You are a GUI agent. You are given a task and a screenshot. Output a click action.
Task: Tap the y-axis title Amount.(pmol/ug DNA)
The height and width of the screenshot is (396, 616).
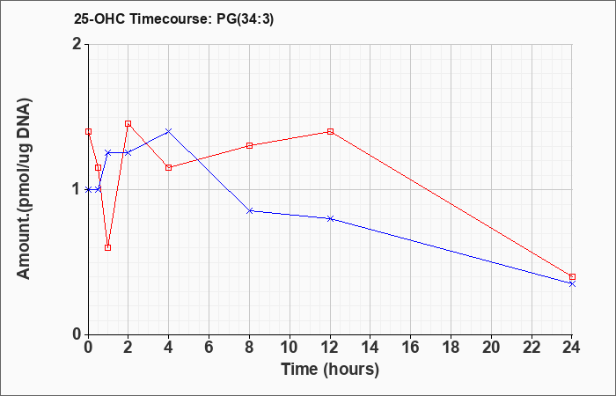tap(25, 188)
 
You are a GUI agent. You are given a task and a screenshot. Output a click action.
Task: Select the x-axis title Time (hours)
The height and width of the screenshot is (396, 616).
tap(330, 370)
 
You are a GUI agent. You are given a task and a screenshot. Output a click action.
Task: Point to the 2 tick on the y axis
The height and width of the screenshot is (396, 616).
tap(77, 44)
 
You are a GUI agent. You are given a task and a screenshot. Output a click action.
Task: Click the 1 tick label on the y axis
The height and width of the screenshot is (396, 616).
tap(77, 190)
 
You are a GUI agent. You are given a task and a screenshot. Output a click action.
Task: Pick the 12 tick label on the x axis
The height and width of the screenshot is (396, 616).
tap(330, 348)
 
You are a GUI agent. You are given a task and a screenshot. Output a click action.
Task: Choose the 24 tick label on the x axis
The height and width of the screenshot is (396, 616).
tap(572, 348)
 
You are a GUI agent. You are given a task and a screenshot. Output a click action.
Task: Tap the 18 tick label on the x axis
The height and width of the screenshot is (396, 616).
tap(451, 348)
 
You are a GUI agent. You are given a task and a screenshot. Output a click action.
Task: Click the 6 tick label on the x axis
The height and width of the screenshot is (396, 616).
tap(209, 348)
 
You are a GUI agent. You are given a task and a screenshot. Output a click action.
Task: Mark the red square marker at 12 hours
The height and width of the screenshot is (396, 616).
tap(330, 132)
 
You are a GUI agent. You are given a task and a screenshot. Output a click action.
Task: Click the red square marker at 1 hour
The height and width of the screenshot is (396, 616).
tap(108, 247)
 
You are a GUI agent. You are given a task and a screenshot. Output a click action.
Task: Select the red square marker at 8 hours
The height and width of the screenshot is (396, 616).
tap(249, 146)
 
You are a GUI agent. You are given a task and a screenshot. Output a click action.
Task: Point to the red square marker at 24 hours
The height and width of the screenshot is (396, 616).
tap(572, 277)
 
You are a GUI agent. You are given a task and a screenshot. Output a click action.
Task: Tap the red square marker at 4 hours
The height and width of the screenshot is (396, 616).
tap(169, 168)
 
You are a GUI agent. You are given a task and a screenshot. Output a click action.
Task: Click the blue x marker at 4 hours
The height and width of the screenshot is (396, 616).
tap(169, 131)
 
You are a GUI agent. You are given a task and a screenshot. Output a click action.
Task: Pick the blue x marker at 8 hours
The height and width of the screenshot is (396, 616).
tap(249, 211)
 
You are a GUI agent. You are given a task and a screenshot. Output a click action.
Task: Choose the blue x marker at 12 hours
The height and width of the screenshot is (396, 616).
tap(330, 218)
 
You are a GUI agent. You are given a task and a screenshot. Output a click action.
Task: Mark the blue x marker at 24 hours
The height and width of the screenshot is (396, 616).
tap(572, 283)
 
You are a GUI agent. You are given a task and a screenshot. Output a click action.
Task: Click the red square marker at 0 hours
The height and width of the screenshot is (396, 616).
tap(88, 132)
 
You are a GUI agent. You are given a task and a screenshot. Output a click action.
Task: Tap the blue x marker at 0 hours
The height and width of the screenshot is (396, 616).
tap(88, 189)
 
